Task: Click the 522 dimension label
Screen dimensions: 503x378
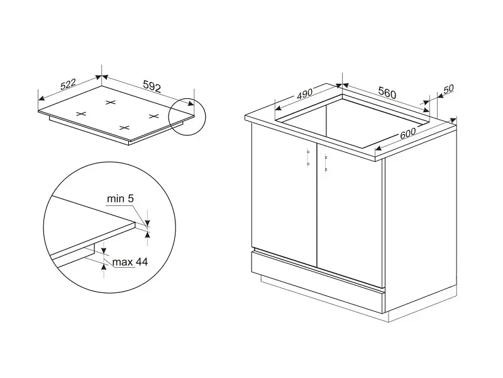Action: tap(68, 84)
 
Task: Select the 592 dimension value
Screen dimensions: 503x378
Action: tap(152, 86)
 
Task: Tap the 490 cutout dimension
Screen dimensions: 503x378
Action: tap(304, 94)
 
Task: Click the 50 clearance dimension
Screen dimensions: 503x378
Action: tap(448, 88)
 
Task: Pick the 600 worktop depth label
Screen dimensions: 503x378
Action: tap(407, 133)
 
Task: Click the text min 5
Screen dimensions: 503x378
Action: tap(120, 198)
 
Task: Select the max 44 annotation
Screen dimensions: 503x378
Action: tap(130, 262)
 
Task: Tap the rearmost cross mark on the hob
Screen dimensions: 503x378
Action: tap(111, 103)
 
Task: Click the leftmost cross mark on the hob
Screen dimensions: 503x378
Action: tap(81, 113)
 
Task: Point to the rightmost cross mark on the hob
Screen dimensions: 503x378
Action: tap(154, 116)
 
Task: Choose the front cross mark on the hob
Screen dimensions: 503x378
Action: tap(124, 128)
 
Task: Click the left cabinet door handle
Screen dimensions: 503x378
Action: tap(308, 157)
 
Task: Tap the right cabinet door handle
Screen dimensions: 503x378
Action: tap(326, 163)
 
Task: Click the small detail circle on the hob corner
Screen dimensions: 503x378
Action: tap(187, 117)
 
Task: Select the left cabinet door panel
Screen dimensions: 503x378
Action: tap(284, 195)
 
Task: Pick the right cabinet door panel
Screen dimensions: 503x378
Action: tap(350, 215)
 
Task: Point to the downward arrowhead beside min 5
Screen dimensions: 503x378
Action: tap(147, 222)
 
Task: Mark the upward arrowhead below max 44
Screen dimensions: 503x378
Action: tap(104, 266)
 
